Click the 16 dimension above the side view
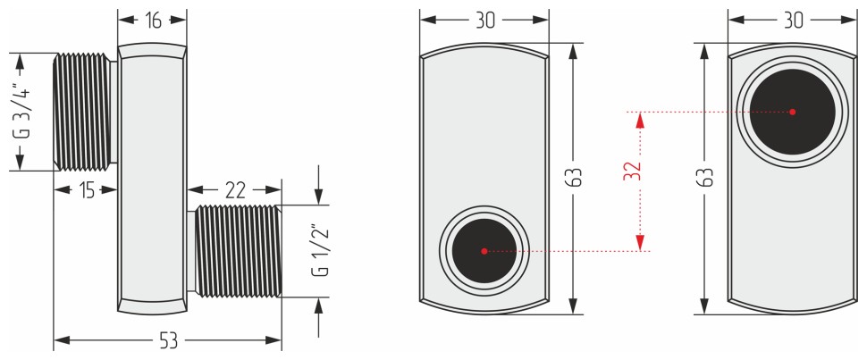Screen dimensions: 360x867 click(x=154, y=21)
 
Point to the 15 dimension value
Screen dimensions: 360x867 click(x=86, y=189)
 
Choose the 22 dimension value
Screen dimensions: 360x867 click(x=234, y=189)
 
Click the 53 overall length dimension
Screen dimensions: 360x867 click(x=168, y=339)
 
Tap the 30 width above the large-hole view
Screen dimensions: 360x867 click(x=793, y=21)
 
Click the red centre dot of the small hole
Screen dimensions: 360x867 click(x=484, y=251)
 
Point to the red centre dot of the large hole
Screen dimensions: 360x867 click(x=793, y=112)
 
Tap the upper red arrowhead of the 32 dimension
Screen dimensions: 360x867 click(x=640, y=120)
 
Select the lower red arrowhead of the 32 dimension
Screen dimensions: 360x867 click(x=640, y=243)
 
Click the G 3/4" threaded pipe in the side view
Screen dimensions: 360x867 click(x=85, y=111)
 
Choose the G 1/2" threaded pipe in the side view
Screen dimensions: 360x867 click(x=237, y=250)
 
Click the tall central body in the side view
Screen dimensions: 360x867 click(x=152, y=179)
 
